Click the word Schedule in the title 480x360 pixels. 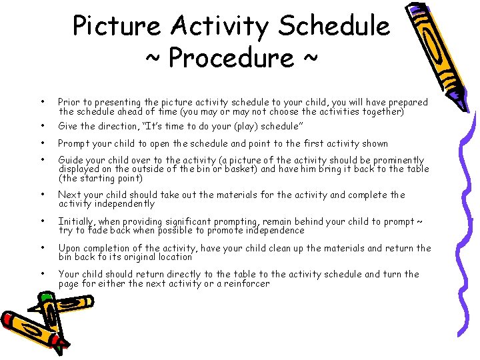(334, 27)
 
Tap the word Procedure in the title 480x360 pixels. (231, 58)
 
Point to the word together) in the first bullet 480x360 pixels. (382, 112)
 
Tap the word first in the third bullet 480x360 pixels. (299, 143)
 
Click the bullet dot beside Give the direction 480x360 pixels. (42, 126)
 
